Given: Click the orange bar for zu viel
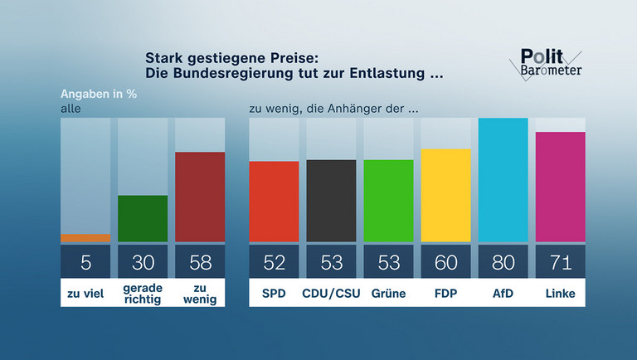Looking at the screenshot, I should click(85, 238).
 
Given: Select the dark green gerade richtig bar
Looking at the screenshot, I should click(143, 219).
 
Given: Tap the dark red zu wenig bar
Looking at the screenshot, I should click(200, 197).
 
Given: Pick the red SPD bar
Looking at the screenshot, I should click(275, 202).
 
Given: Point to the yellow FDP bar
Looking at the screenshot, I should click(446, 196).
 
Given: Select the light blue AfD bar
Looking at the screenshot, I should click(503, 180).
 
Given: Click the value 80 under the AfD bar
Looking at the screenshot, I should click(503, 262).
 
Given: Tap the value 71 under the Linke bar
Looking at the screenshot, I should click(561, 262).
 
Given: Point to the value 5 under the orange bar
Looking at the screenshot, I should click(85, 262).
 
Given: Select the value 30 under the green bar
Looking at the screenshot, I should click(143, 262).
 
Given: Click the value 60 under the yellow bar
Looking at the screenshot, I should click(446, 262).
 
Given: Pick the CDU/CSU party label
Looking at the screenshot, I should click(332, 293).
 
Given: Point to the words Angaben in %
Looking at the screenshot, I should click(98, 93).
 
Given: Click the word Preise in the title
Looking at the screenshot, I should click(296, 58).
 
